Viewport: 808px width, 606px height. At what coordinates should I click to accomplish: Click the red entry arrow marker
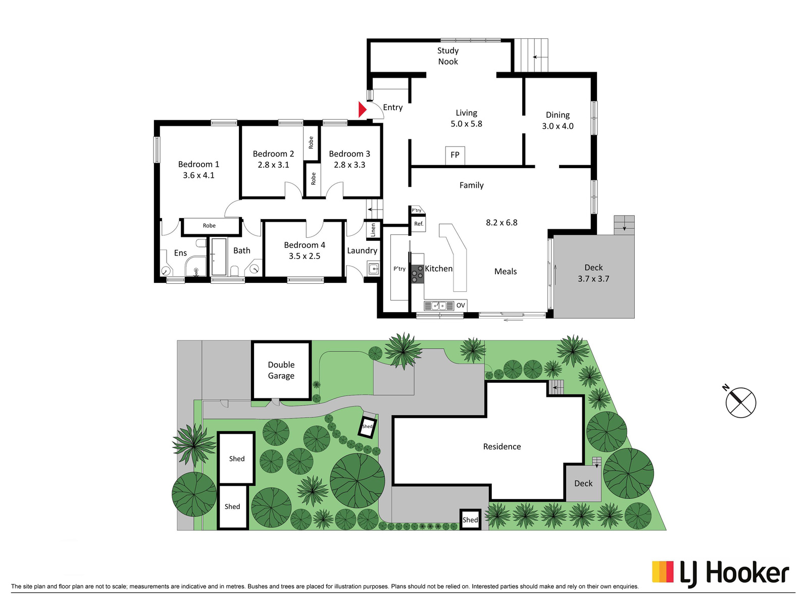pos(363,110)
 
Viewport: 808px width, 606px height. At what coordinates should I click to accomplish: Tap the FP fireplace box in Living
pos(455,156)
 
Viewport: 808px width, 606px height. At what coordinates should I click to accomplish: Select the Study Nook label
pos(448,56)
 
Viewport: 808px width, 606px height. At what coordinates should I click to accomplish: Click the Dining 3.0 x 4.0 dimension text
pos(558,126)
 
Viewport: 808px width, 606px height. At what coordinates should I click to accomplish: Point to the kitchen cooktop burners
pos(418,274)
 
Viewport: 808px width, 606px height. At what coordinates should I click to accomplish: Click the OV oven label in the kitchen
pos(461,306)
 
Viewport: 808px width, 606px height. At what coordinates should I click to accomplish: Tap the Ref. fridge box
pos(419,224)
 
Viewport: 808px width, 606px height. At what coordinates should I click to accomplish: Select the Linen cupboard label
pos(373,230)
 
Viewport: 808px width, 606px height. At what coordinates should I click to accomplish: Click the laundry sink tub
pos(373,269)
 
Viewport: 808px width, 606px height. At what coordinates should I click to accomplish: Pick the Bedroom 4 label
pos(305,245)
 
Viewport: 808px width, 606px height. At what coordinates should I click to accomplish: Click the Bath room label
pos(242,250)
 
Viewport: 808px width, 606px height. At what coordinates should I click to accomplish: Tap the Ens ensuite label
pos(180,253)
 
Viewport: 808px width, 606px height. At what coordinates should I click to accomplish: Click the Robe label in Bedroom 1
pos(209,226)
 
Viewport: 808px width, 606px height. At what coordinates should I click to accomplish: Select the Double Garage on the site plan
pos(282,370)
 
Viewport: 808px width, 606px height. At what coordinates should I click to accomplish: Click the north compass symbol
pos(740,402)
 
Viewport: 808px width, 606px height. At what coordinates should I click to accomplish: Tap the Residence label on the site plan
pos(502,447)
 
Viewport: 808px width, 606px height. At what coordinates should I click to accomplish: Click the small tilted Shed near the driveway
pos(368,426)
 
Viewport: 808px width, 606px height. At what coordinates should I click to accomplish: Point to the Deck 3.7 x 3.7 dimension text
pos(593,279)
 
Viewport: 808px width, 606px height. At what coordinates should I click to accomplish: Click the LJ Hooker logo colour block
pos(663,572)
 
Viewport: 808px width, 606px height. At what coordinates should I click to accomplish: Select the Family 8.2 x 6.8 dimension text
pos(501,223)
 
